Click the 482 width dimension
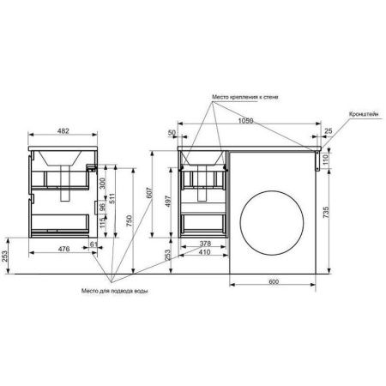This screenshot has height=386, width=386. click(63, 131)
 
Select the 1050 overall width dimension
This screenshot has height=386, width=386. click(245, 120)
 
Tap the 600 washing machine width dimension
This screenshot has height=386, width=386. click(274, 281)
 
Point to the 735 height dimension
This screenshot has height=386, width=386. click(326, 213)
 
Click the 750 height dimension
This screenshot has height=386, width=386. click(130, 220)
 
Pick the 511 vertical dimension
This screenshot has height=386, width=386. click(112, 199)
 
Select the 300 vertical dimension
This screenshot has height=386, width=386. click(103, 184)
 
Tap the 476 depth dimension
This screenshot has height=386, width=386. click(63, 249)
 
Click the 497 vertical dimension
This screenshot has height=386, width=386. click(168, 202)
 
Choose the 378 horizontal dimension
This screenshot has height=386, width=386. click(205, 244)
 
